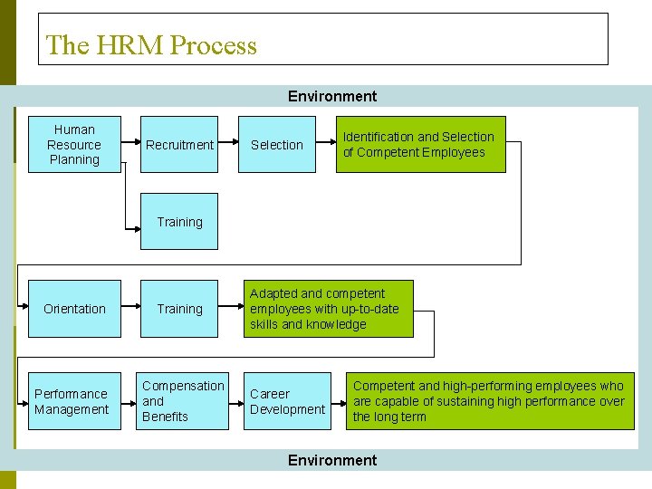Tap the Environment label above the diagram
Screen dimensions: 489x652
pos(332,96)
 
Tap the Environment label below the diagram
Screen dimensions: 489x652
pos(332,460)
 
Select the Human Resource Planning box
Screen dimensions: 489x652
pos(74,144)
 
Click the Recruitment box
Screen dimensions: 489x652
pos(179,144)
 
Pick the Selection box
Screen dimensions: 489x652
pos(277,144)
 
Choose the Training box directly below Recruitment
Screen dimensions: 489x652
pos(179,221)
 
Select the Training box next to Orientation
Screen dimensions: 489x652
pos(179,309)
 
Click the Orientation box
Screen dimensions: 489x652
pos(74,309)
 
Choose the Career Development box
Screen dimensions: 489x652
pos(287,401)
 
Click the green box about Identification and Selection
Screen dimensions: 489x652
pos(421,144)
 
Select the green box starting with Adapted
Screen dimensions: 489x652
pos(329,309)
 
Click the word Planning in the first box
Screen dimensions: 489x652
pos(74,160)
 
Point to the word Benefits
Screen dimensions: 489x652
pos(165,417)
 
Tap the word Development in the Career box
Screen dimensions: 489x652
pos(287,409)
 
